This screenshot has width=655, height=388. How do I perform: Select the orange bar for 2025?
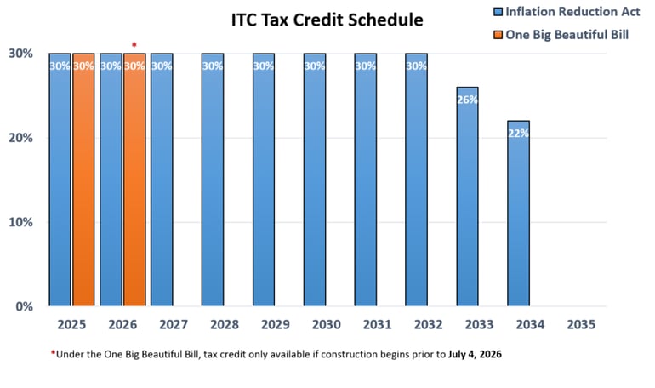pos(83,179)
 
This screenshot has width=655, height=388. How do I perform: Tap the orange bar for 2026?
pos(134,179)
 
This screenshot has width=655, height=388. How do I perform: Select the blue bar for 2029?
pos(264,179)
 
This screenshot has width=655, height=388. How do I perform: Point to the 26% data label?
pos(467,100)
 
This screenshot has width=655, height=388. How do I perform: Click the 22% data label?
pos(518,134)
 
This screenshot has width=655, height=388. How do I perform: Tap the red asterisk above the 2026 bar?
pos(134,44)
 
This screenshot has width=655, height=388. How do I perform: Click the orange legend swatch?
pos(498,34)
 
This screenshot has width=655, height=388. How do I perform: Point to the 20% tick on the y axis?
pos(20,138)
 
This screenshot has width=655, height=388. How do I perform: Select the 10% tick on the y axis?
pos(20,222)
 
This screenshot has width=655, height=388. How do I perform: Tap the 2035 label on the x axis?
pos(581,325)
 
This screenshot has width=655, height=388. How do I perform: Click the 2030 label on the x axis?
pos(327,325)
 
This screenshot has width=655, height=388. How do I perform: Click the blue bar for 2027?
pos(162,179)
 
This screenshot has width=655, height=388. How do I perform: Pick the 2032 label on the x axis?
pos(428,325)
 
